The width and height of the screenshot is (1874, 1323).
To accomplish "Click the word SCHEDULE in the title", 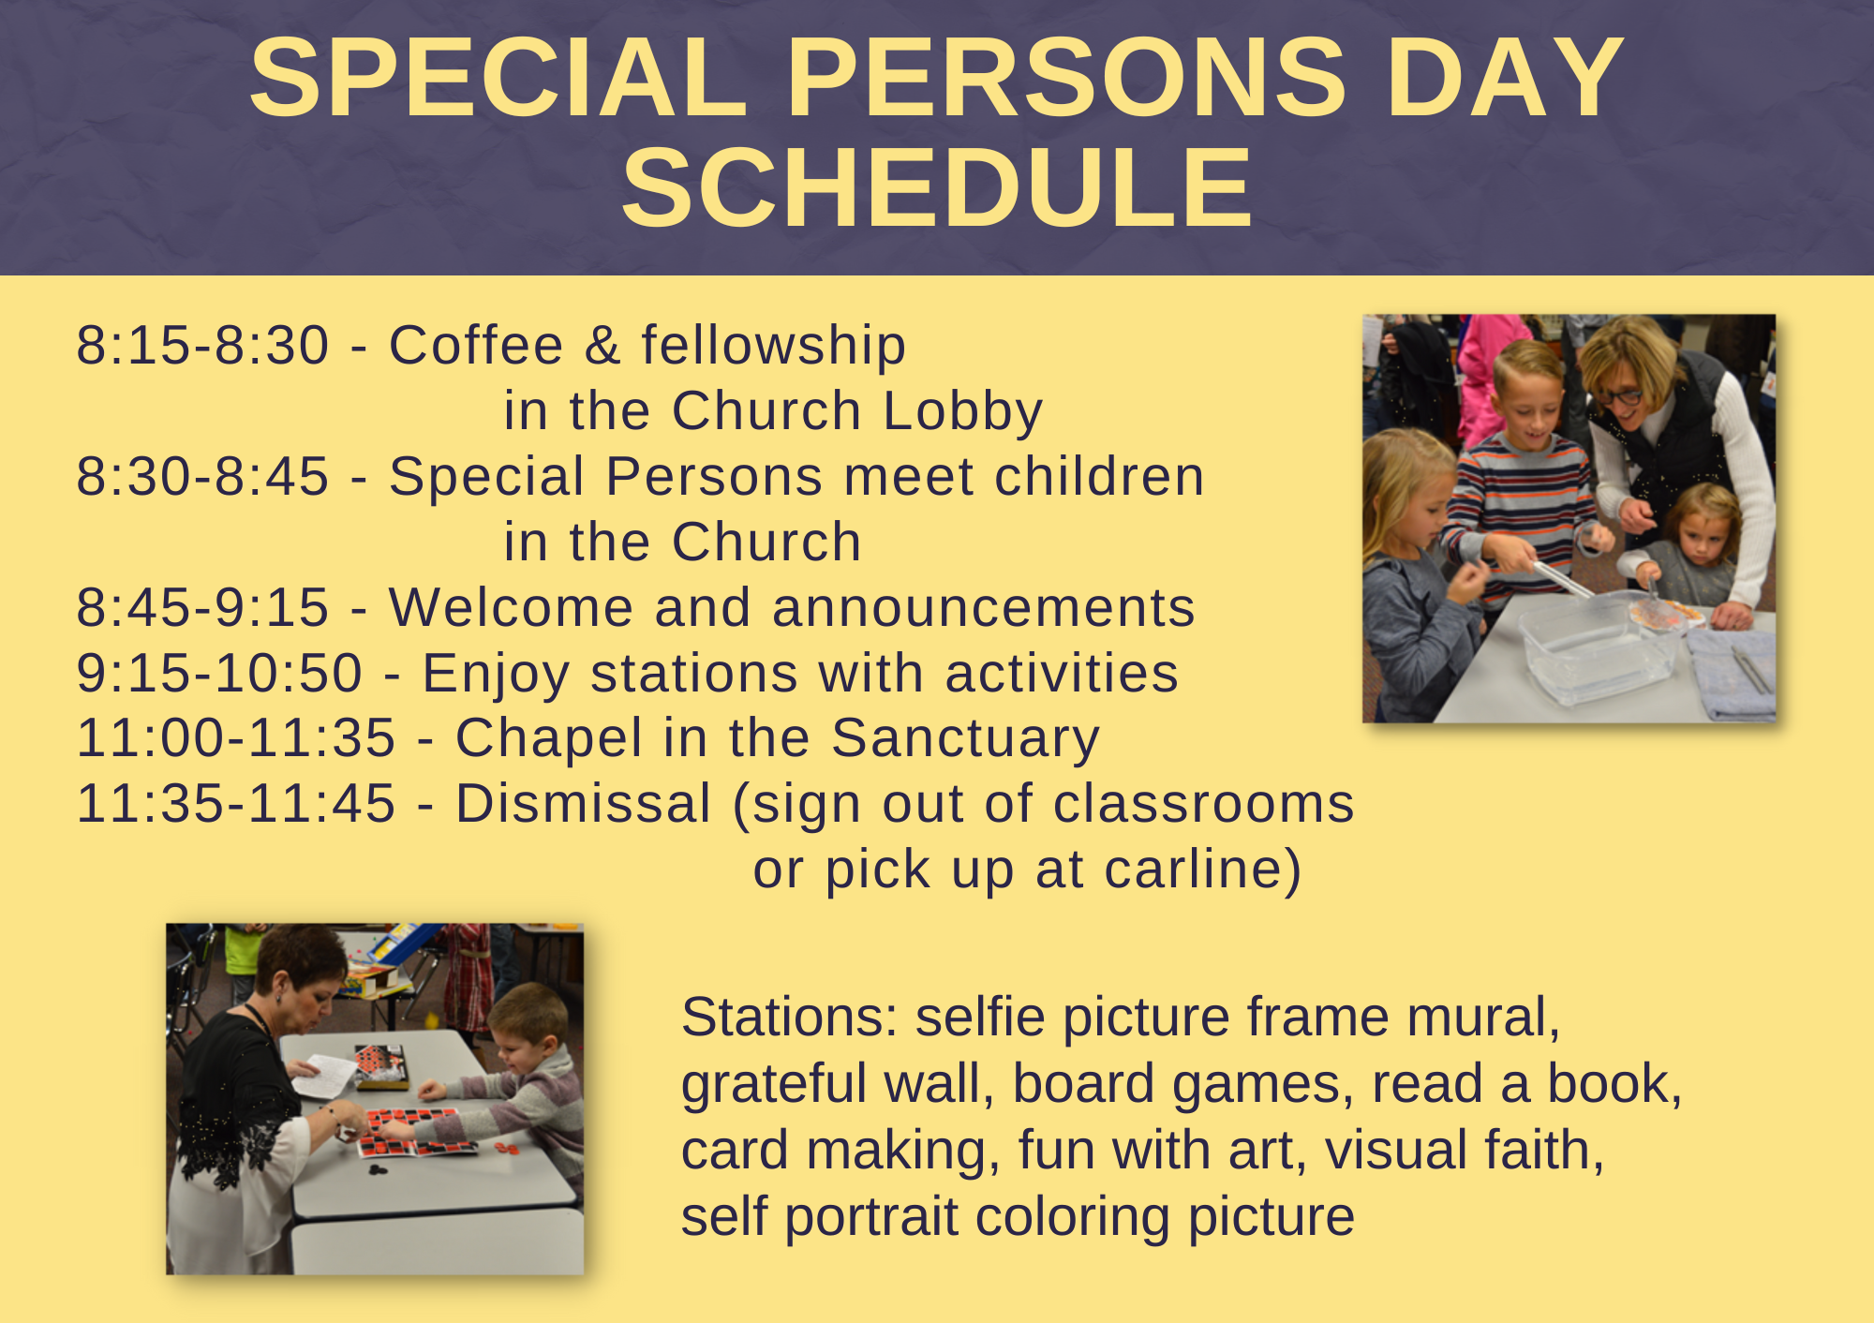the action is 937,187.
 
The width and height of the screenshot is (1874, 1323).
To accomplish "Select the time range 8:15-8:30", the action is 202,345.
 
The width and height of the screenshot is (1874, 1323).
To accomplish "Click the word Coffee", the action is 476,345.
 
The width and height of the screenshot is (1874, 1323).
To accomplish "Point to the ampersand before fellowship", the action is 602,345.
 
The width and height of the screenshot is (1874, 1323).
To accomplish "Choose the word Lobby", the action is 962,412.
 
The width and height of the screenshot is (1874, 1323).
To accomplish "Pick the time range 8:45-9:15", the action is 202,607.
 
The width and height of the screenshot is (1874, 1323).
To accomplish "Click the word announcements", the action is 984,609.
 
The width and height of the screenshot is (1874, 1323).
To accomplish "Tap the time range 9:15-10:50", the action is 219,673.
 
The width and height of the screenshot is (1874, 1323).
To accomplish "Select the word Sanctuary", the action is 965,740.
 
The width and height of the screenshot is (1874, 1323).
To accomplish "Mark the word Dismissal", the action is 584,804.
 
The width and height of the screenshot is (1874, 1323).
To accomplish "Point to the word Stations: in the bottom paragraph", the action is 790,1018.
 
